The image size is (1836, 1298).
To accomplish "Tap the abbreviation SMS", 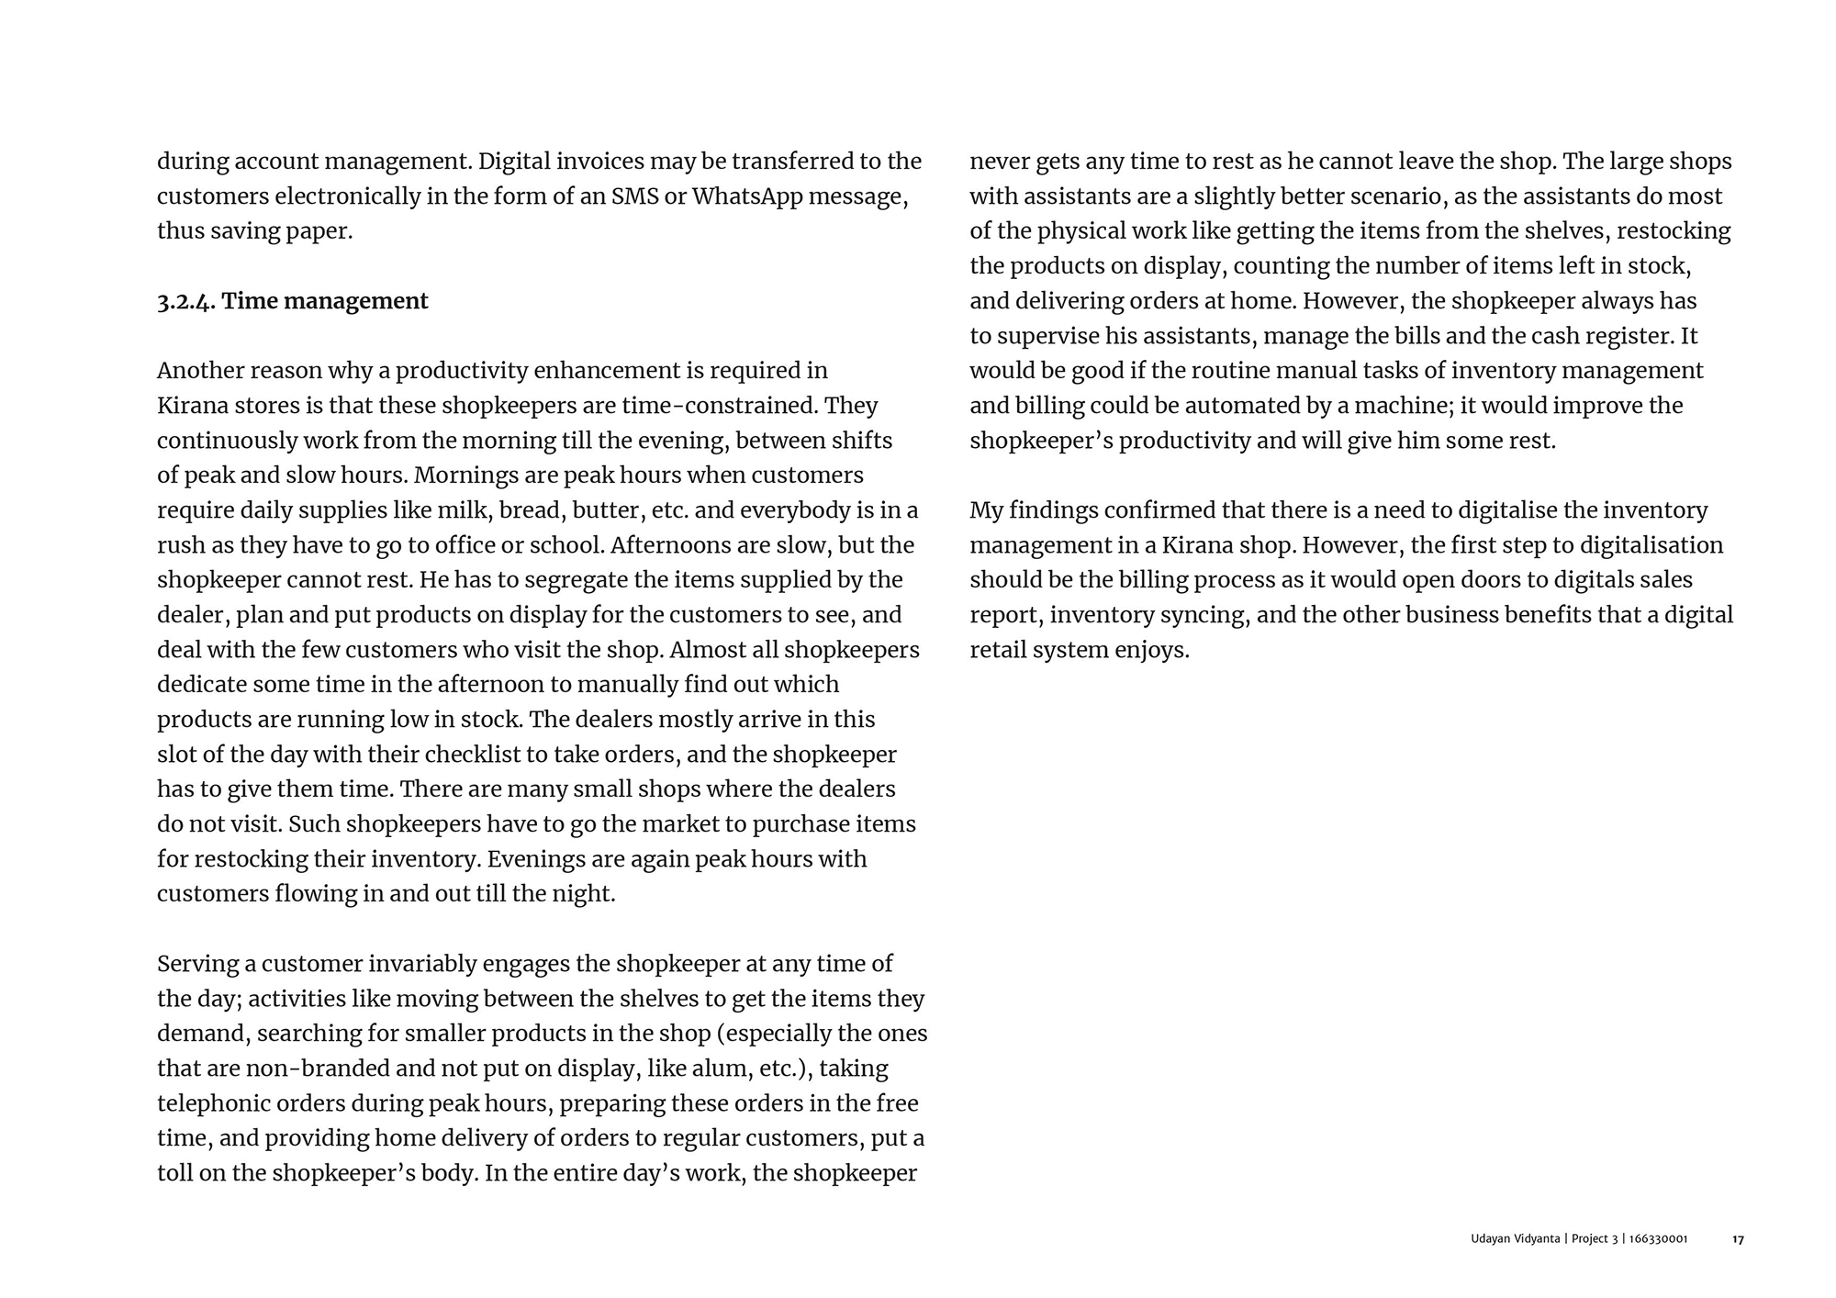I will tap(634, 196).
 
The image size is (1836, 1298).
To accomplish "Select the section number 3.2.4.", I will tap(186, 301).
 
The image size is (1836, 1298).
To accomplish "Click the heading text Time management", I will tap(325, 301).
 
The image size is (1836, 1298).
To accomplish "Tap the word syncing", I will tap(1206, 615).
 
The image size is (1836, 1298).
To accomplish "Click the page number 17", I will tap(1738, 1239).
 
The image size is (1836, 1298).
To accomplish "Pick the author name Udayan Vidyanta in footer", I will tap(1515, 1239).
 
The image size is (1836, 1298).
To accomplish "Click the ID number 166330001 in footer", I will tap(1658, 1239).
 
